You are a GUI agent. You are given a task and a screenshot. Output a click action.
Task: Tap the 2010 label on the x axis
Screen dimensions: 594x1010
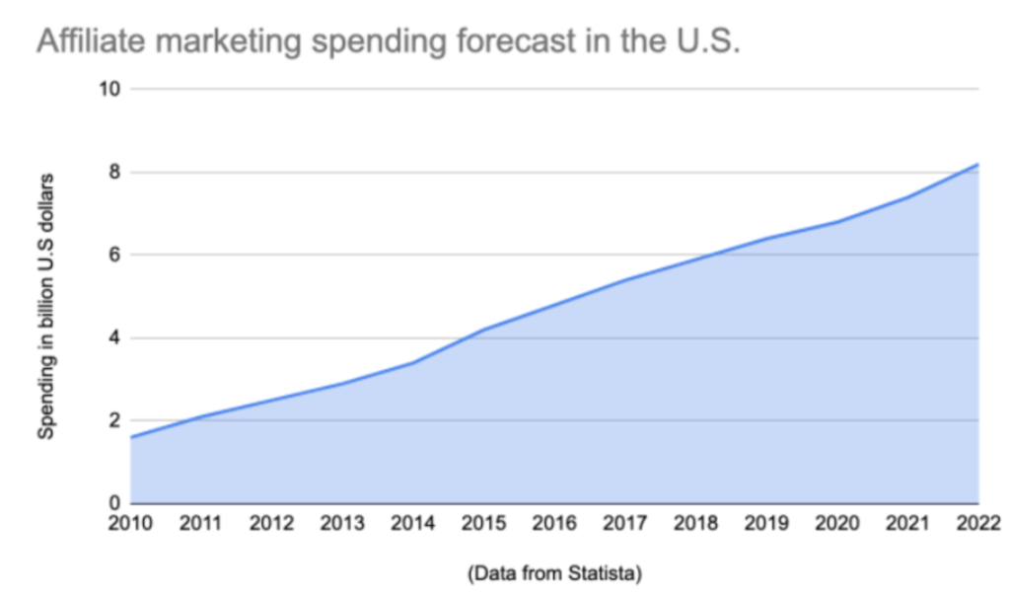tap(131, 522)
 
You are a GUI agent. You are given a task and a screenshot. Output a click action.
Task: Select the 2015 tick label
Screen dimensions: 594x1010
tap(484, 522)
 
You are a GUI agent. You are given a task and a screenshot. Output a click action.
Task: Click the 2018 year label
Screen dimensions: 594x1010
tap(696, 522)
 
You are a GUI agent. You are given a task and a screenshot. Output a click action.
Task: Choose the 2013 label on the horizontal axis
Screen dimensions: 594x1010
tap(343, 522)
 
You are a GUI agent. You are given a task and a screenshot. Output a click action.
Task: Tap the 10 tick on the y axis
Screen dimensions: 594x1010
tap(108, 90)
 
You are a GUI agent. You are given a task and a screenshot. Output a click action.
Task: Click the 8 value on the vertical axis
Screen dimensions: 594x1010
tap(113, 173)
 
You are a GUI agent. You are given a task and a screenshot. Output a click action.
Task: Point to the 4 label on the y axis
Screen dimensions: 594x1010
tap(113, 338)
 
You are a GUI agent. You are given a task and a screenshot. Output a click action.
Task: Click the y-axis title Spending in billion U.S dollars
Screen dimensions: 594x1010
tap(46, 305)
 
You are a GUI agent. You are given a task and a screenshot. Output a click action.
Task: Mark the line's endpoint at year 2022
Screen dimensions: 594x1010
tap(977, 164)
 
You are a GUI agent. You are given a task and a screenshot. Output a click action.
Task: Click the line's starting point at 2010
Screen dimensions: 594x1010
tap(131, 437)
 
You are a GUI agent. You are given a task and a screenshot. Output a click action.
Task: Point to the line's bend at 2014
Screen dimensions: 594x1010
tap(413, 362)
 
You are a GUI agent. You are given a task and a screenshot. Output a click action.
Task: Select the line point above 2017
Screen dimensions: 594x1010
tap(625, 280)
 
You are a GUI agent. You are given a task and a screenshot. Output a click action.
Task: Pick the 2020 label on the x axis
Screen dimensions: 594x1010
tap(837, 522)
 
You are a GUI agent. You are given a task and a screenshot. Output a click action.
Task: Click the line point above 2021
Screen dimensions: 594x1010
tap(907, 197)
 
